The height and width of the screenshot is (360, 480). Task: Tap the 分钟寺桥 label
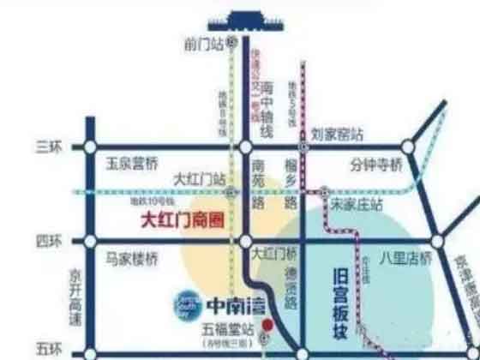(x=375, y=163)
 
